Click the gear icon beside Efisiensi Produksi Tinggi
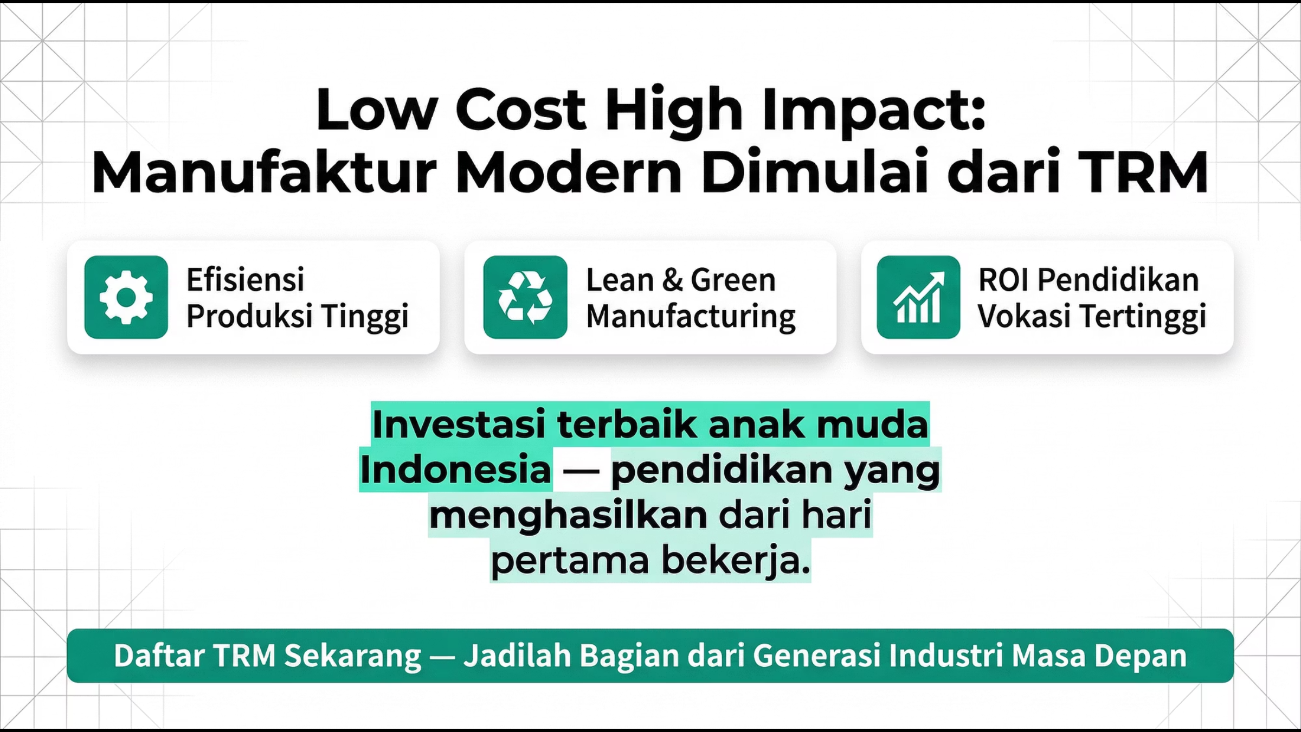click(126, 297)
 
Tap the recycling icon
click(525, 297)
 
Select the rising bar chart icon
click(918, 297)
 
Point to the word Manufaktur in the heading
click(264, 172)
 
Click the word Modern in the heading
click(569, 172)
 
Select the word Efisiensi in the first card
click(246, 280)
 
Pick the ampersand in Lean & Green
click(672, 280)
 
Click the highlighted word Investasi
click(459, 424)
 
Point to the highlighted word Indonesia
click(455, 470)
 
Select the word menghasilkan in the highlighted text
click(569, 515)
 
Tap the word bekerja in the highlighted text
click(736, 560)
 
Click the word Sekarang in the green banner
click(353, 656)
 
